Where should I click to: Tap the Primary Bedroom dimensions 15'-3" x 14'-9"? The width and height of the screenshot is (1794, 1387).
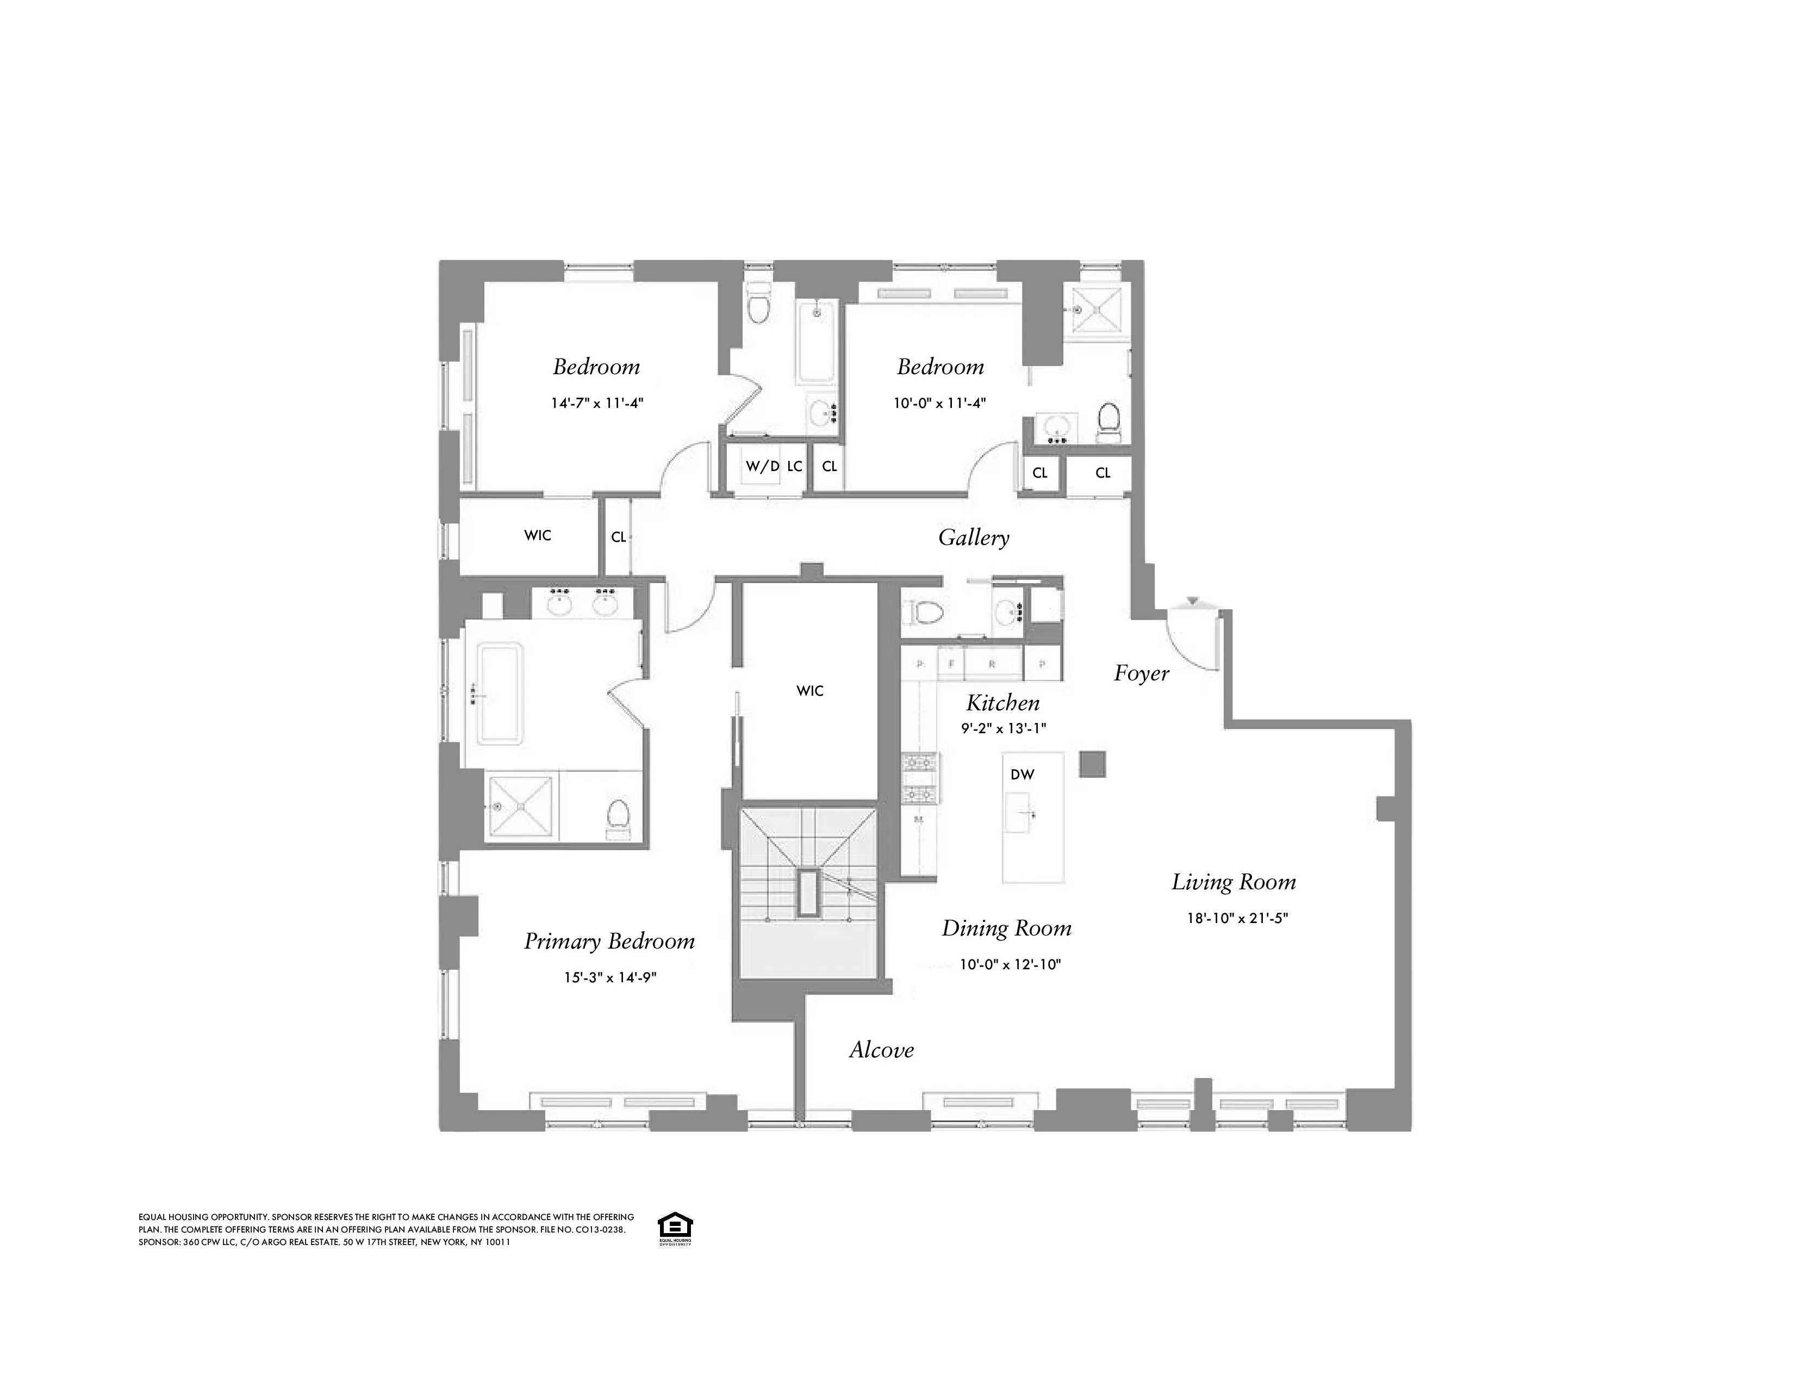pos(609,978)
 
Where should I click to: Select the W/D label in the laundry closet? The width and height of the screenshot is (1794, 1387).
pos(762,467)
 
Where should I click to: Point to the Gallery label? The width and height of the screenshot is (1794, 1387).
pos(974,537)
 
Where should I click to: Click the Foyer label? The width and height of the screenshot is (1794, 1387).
pos(1141,674)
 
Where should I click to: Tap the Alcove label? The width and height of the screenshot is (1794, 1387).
pos(881,1050)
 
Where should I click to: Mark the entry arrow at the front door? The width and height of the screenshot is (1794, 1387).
pos(1193,602)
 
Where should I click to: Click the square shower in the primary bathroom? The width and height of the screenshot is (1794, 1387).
pos(521,806)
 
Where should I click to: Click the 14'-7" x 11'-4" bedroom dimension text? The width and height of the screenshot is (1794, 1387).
pos(596,404)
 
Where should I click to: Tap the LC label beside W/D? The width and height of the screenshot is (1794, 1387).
pos(794,467)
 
